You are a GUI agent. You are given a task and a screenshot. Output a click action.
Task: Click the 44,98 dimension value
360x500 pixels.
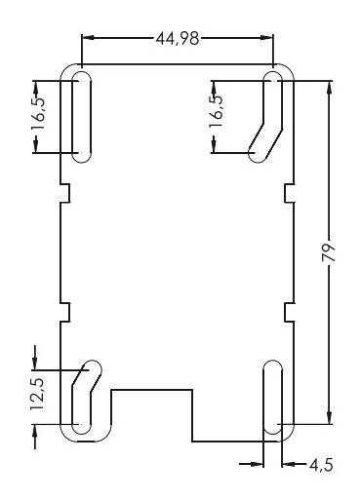point(179,38)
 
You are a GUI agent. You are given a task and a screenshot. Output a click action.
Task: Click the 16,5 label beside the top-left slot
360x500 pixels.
point(37,115)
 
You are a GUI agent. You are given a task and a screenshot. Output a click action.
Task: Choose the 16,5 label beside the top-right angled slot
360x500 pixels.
point(217,106)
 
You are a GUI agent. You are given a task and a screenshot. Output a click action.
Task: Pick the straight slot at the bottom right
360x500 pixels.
point(273,401)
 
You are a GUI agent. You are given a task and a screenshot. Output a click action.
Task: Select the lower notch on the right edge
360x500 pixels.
point(289,311)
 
